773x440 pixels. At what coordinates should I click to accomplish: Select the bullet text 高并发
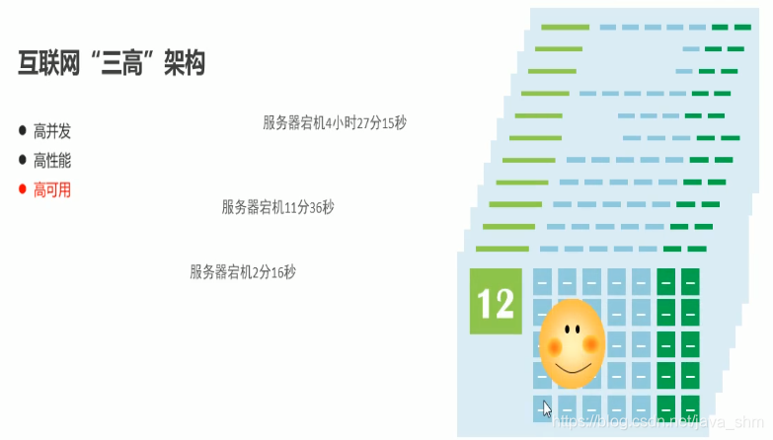(x=52, y=131)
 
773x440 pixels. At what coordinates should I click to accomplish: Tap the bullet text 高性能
(x=52, y=160)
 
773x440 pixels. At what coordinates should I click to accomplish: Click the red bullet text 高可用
(x=52, y=189)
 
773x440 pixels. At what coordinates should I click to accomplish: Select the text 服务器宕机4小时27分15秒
(x=335, y=123)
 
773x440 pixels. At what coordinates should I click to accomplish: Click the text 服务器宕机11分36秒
(x=277, y=207)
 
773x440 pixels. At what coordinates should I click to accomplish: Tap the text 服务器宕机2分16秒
(x=242, y=271)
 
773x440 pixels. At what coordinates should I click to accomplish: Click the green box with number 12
(x=495, y=301)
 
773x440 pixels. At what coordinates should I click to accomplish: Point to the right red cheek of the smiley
(x=591, y=344)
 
